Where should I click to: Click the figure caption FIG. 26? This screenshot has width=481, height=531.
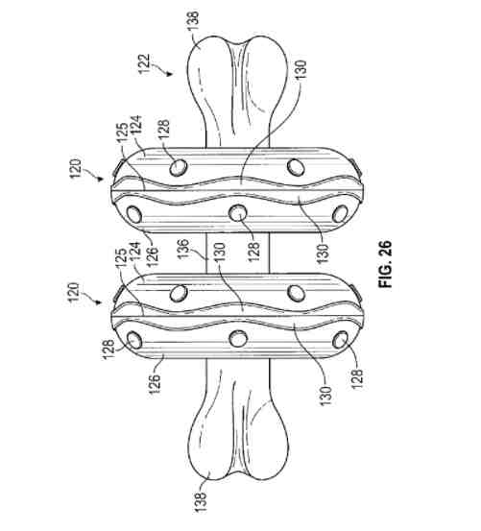click(385, 264)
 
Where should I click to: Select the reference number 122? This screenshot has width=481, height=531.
click(144, 63)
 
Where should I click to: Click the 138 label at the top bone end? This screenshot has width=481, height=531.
click(193, 21)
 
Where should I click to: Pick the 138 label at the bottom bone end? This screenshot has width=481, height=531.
click(201, 501)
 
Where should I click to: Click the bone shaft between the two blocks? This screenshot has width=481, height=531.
click(238, 253)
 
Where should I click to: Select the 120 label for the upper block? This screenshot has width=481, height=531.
click(76, 169)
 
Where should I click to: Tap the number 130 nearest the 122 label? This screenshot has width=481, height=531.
click(301, 70)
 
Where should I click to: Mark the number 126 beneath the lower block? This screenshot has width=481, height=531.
click(155, 384)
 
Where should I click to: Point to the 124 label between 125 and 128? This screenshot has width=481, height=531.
click(137, 126)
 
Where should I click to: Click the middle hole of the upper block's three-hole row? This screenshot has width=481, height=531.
click(238, 213)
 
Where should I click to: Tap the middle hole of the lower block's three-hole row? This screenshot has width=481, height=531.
click(238, 339)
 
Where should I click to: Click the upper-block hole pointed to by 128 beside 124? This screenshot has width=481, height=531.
click(179, 167)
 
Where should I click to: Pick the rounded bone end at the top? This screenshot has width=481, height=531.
click(238, 73)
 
